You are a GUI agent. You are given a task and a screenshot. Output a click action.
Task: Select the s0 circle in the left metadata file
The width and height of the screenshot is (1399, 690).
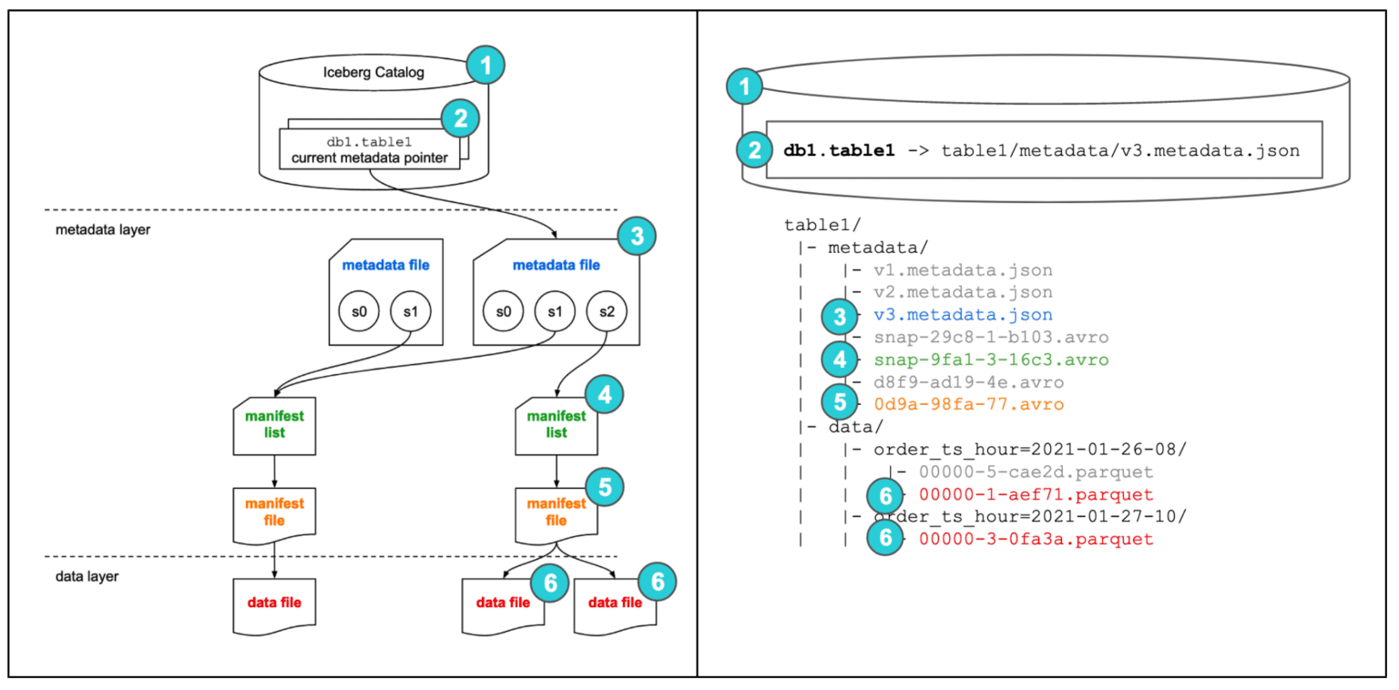click(x=357, y=311)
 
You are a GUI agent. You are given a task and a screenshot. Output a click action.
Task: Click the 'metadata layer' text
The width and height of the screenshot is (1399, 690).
click(x=102, y=229)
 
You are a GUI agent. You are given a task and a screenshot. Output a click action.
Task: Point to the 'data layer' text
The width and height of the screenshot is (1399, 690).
click(x=87, y=576)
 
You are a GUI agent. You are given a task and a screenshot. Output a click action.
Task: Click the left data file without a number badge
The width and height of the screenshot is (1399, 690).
click(x=274, y=604)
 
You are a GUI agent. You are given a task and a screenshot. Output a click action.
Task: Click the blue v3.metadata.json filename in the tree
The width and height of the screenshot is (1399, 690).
click(x=963, y=315)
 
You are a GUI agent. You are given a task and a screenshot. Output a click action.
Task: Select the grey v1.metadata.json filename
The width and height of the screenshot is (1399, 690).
click(x=963, y=270)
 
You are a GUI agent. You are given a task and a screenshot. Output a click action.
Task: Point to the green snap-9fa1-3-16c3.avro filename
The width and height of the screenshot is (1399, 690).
click(x=991, y=360)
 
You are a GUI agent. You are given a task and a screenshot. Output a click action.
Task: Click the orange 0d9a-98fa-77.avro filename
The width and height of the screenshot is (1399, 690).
click(x=969, y=404)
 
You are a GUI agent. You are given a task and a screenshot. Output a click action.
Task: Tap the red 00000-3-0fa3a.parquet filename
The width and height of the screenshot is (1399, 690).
click(x=1036, y=539)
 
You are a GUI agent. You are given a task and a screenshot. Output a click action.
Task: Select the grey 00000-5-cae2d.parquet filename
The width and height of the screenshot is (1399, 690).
click(x=1036, y=472)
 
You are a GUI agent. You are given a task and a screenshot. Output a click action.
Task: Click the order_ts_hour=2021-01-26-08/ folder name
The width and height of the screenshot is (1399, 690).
click(x=1030, y=450)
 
